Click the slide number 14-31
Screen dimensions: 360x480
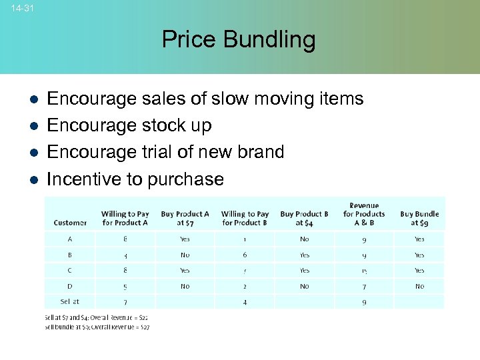click(23, 8)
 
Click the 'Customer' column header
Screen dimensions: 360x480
click(70, 223)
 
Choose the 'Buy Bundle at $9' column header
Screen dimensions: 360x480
click(419, 218)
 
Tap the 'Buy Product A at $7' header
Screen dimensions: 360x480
click(185, 218)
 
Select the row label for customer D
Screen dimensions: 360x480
click(70, 286)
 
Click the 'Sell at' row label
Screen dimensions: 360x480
click(70, 302)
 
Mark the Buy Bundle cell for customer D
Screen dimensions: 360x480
click(419, 286)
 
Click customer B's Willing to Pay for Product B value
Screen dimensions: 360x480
click(245, 255)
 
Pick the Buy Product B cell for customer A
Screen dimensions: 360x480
click(304, 239)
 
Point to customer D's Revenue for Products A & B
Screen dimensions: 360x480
click(363, 286)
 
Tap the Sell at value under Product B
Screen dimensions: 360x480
click(245, 302)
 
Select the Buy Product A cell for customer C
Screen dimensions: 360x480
click(185, 271)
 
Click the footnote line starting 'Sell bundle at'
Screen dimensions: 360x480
click(97, 327)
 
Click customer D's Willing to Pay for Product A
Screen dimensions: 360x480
click(125, 286)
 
